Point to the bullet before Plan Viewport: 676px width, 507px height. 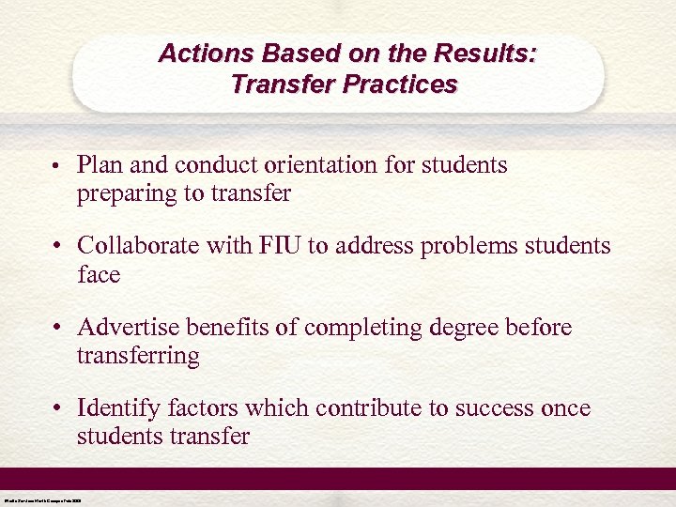(57, 167)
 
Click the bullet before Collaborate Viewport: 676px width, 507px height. (57, 248)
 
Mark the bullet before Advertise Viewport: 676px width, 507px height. (57, 329)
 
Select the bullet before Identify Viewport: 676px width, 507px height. (57, 410)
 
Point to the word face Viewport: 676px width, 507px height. (99, 275)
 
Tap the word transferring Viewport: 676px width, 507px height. (138, 356)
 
